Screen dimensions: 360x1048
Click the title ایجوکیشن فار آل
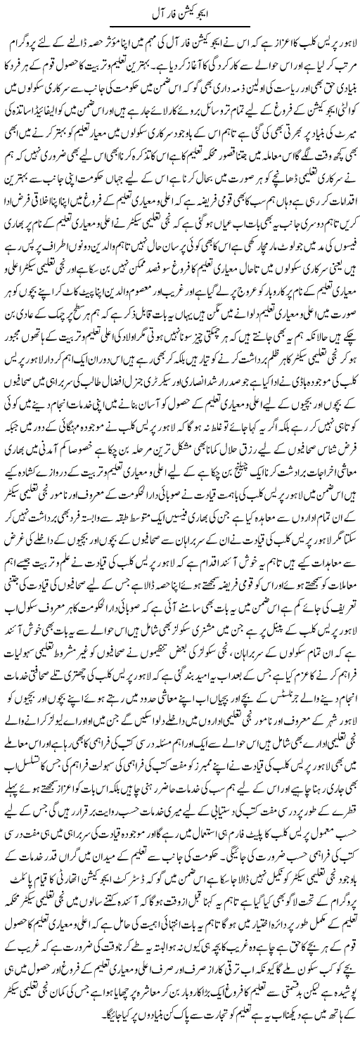coord(179,13)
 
